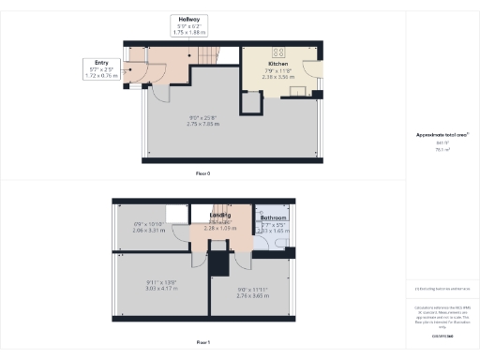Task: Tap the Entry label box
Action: (x=98, y=68)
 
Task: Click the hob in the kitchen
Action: (x=278, y=52)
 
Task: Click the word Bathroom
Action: (x=274, y=218)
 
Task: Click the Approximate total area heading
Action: (x=442, y=135)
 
